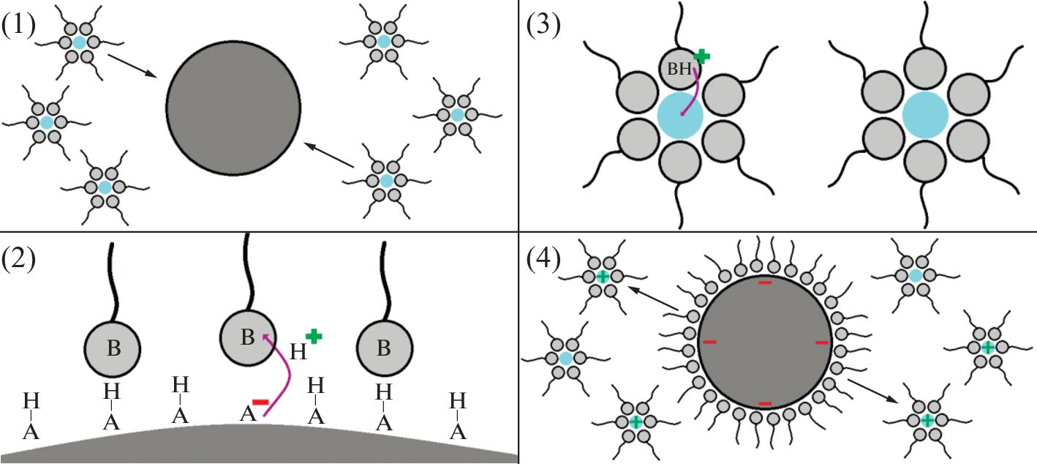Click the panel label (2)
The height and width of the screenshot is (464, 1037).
20,258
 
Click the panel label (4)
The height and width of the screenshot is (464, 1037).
543,258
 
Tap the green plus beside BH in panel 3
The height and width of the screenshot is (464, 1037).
701,56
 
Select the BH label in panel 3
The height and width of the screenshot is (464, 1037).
680,71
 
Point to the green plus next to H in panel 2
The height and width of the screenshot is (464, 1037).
314,337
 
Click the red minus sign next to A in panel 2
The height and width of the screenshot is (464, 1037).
260,402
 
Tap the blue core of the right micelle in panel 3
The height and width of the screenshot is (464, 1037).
925,116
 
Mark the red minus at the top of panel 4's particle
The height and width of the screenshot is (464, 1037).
765,282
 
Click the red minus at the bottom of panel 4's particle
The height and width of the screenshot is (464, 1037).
765,403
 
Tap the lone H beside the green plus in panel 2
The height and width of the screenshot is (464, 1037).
298,353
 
